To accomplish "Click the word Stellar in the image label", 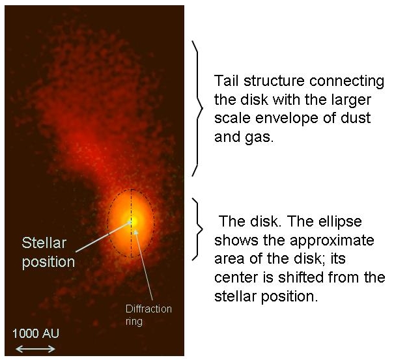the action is click(44, 243).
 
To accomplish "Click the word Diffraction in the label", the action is click(148, 309).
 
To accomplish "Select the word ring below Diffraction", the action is click(134, 322).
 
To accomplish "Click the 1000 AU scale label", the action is click(35, 333).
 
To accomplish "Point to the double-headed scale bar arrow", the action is click(35, 349).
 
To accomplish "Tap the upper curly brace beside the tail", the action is click(197, 108).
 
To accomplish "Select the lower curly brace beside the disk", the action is click(197, 229).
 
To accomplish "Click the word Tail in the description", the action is click(226, 81).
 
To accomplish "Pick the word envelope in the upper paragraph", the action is click(286, 118).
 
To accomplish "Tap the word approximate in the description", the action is click(332, 241).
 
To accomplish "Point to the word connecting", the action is click(346, 82).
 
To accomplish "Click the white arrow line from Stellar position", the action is click(104, 236).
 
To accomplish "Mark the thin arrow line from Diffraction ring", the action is click(144, 265).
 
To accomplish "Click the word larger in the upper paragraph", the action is click(351, 100).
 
